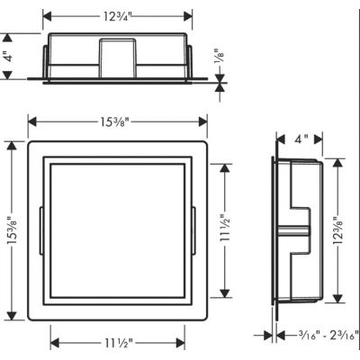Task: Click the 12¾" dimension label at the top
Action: tap(118, 15)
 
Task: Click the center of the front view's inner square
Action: tap(118, 230)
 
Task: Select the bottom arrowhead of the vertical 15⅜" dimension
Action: tap(10, 316)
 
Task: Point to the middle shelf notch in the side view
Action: tap(292, 232)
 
